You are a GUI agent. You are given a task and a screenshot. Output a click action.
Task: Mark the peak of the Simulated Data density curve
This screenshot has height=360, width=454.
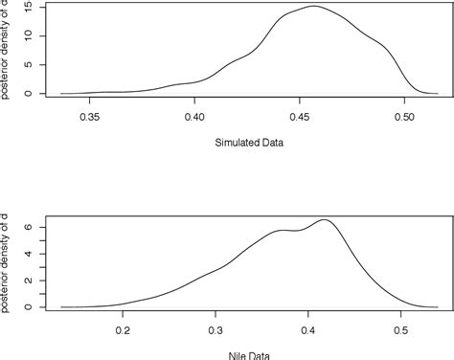[x=313, y=7]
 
